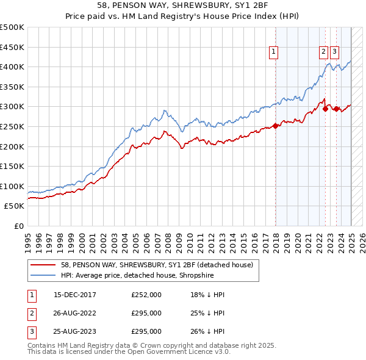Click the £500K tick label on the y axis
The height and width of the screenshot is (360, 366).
coord(12,27)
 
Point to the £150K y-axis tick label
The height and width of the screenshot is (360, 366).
coord(12,166)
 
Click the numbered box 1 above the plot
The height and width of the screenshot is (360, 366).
coord(274,52)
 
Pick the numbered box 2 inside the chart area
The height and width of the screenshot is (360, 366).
coord(323,52)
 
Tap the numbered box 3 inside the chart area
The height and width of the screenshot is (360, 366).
coord(335,52)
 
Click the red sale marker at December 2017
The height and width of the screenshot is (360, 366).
coord(275,126)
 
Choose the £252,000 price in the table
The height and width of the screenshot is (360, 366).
coord(146,295)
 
